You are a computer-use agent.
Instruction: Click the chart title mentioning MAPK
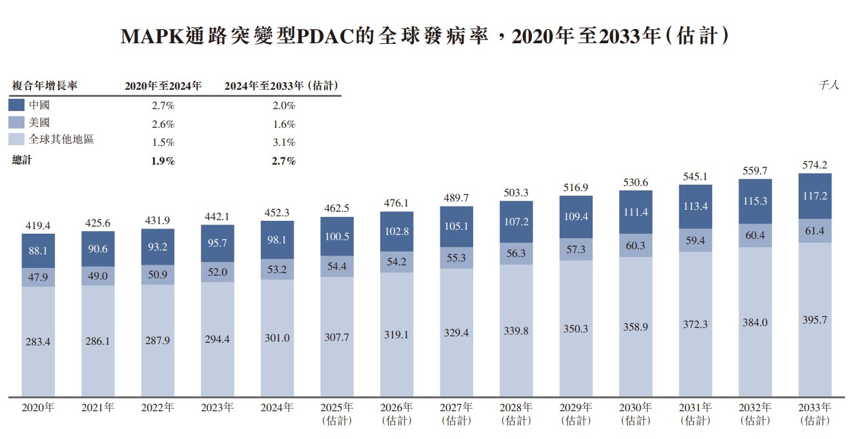pyautogui.click(x=425, y=36)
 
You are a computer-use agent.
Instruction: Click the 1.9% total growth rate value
pyautogui.click(x=163, y=161)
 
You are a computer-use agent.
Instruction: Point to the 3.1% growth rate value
pyautogui.click(x=283, y=143)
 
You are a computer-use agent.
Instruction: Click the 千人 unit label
pyautogui.click(x=828, y=85)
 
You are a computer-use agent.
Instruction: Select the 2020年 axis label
pyautogui.click(x=38, y=408)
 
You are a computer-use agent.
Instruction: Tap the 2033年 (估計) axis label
pyautogui.click(x=815, y=414)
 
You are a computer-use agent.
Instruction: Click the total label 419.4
pyautogui.click(x=38, y=226)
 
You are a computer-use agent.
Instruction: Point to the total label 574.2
pyautogui.click(x=815, y=165)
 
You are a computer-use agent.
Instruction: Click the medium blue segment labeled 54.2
pyautogui.click(x=396, y=261)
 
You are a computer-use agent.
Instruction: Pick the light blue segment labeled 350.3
pyautogui.click(x=576, y=329)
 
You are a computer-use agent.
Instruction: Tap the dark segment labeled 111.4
pyautogui.click(x=635, y=212)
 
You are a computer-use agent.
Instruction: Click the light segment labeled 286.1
pyautogui.click(x=97, y=341)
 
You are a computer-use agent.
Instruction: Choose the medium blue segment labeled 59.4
pyautogui.click(x=695, y=240)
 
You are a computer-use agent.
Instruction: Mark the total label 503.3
pyautogui.click(x=516, y=192)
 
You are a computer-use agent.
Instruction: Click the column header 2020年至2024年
pyautogui.click(x=163, y=85)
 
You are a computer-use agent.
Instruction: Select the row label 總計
pyautogui.click(x=22, y=161)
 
